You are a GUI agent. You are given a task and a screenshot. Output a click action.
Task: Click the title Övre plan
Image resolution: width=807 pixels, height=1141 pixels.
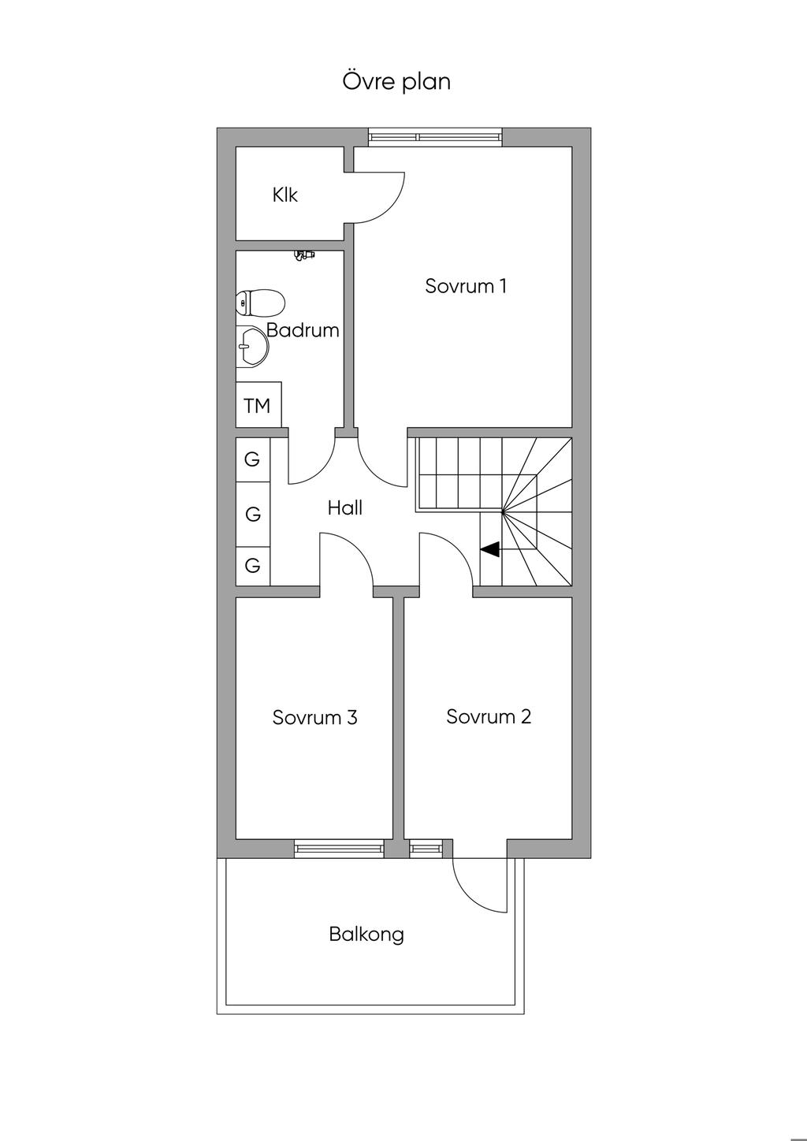[396, 82]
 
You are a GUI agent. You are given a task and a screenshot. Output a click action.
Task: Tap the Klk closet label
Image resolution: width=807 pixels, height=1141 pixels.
[284, 195]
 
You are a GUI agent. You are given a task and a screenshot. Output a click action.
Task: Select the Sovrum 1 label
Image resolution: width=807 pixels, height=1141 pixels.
[466, 286]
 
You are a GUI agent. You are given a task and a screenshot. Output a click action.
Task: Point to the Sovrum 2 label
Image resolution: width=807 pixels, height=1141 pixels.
[489, 717]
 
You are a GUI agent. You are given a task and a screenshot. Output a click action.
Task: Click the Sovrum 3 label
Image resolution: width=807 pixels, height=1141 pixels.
[315, 717]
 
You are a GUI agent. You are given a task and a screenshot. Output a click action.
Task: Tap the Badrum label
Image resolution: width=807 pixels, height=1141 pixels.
[303, 330]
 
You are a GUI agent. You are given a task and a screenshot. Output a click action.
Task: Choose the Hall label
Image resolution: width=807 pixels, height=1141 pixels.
[345, 507]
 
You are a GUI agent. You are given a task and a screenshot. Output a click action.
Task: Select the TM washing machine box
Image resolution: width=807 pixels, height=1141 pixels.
[258, 405]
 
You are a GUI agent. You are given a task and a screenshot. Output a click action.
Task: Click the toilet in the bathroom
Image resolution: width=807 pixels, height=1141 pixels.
[260, 303]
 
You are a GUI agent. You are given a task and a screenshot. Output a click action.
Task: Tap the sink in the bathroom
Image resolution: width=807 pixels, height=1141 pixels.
[252, 347]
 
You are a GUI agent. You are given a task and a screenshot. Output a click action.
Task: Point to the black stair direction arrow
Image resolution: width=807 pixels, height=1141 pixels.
[489, 549]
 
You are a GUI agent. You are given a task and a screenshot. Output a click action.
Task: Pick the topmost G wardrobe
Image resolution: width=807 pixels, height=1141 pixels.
[253, 459]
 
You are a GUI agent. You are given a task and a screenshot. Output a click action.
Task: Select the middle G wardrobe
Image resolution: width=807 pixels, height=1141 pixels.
[253, 514]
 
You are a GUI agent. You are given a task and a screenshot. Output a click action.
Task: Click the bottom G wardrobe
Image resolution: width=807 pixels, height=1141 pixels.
[253, 566]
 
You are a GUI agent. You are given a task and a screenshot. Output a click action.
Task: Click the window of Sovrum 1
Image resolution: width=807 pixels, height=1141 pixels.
[436, 137]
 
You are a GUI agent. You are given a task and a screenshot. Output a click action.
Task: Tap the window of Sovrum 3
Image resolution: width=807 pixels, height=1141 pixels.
[339, 848]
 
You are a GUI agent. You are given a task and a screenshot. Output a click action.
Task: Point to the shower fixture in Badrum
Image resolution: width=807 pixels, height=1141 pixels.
[304, 255]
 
